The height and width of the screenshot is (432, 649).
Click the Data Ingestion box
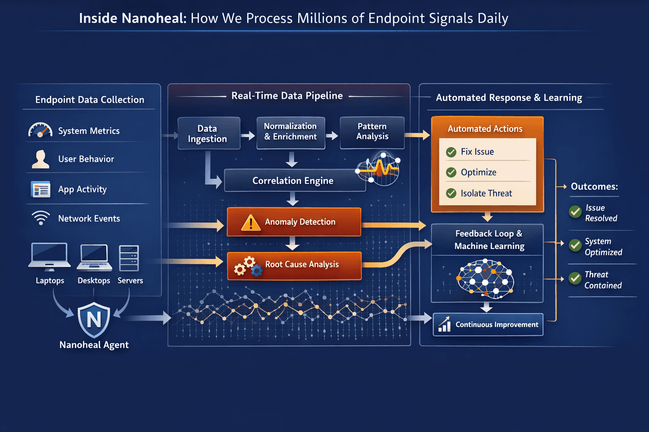click(x=209, y=133)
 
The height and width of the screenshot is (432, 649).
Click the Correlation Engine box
click(x=293, y=181)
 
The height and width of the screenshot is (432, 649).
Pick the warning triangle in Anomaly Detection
click(x=251, y=222)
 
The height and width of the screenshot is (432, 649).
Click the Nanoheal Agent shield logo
click(x=94, y=319)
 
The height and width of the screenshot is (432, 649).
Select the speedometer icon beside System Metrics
click(x=40, y=130)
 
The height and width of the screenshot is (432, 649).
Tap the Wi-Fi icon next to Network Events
click(x=41, y=218)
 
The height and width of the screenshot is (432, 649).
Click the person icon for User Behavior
click(x=41, y=159)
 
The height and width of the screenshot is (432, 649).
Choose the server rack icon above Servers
click(x=129, y=258)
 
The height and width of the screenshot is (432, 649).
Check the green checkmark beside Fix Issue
click(x=451, y=152)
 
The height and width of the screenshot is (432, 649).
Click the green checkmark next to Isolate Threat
click(x=451, y=193)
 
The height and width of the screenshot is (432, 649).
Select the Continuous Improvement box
click(x=488, y=324)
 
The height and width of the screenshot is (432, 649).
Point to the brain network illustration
click(x=485, y=278)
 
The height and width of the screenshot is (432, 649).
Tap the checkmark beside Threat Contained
click(x=575, y=278)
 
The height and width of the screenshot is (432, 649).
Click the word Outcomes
click(x=594, y=186)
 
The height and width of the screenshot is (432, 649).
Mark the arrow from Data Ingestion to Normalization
click(x=248, y=135)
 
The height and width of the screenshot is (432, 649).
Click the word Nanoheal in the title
click(x=153, y=18)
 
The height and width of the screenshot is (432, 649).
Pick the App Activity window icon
click(x=41, y=189)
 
